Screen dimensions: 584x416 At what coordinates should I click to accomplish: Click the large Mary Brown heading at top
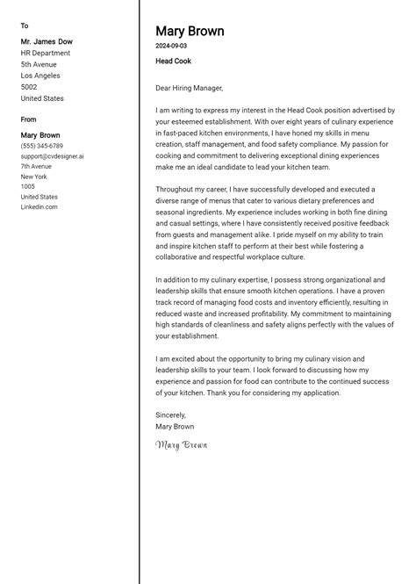click(x=190, y=32)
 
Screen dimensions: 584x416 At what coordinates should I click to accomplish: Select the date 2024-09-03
click(x=171, y=46)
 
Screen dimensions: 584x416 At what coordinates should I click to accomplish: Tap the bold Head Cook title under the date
click(x=173, y=61)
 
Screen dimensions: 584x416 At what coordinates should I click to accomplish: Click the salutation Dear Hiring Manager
click(x=190, y=88)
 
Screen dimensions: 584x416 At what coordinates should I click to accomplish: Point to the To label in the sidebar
click(x=25, y=26)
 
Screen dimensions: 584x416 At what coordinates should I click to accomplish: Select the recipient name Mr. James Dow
click(x=47, y=41)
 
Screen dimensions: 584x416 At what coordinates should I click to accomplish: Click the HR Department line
click(x=46, y=53)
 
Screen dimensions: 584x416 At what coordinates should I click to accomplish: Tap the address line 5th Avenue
click(x=39, y=64)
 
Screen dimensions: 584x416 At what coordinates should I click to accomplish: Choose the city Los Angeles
click(x=40, y=76)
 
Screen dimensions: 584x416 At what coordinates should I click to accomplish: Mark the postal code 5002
click(x=29, y=88)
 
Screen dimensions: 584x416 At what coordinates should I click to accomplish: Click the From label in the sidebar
click(x=29, y=119)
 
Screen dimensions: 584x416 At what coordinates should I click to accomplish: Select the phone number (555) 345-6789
click(x=42, y=146)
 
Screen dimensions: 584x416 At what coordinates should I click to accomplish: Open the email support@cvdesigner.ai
click(x=53, y=156)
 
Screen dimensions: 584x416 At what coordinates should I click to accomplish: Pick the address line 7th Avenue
click(x=37, y=166)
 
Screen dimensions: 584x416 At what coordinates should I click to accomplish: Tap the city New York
click(x=34, y=177)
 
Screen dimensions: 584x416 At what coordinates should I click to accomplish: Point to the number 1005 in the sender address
click(x=28, y=187)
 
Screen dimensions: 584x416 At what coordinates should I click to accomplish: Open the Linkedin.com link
click(x=39, y=207)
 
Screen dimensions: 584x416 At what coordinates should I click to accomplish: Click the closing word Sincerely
click(x=171, y=415)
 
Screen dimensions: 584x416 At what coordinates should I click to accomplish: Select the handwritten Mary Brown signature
click(x=182, y=445)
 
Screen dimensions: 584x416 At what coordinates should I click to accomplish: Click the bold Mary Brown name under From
click(x=40, y=135)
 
